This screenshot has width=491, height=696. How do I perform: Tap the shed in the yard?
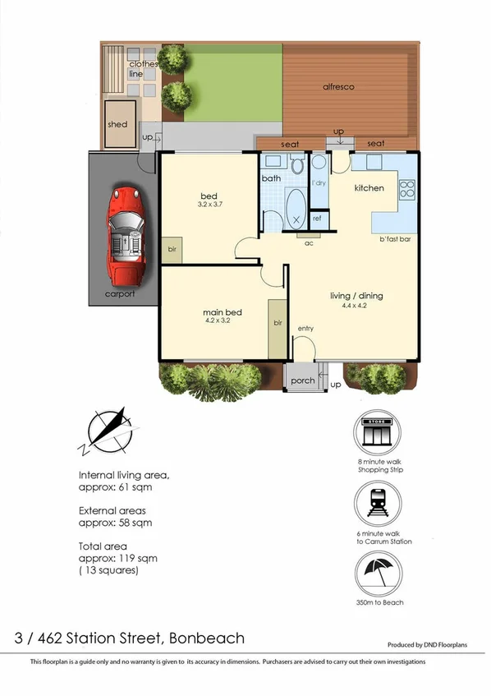(118, 124)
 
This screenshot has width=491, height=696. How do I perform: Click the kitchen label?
(369, 188)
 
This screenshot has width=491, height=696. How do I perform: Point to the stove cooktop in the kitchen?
(406, 190)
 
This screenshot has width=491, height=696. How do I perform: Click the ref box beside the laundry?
(318, 219)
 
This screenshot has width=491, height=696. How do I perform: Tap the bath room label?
(270, 178)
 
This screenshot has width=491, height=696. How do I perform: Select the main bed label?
(222, 312)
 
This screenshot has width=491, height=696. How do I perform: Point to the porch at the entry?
(302, 380)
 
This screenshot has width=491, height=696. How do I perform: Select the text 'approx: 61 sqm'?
(115, 487)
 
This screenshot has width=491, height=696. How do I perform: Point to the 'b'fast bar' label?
(394, 239)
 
